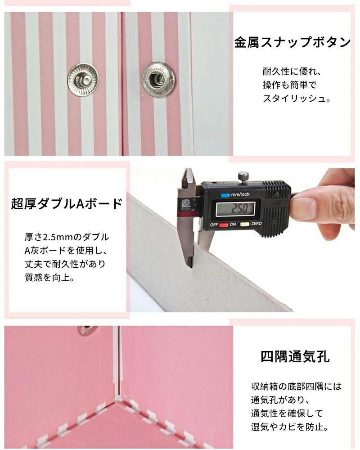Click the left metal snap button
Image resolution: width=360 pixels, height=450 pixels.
(x=83, y=80)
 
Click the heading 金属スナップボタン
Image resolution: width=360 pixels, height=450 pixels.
(x=292, y=42)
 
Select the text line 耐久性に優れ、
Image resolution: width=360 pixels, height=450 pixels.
(x=292, y=72)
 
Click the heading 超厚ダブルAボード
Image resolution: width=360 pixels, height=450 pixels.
(x=67, y=203)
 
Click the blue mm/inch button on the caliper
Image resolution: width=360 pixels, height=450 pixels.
(x=225, y=195)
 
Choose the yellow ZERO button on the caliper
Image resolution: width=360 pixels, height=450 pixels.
(x=245, y=224)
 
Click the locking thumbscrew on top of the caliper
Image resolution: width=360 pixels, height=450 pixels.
(x=243, y=176)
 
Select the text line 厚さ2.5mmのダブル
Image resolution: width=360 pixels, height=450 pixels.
(x=67, y=237)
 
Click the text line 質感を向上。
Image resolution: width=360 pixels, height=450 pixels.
(x=50, y=277)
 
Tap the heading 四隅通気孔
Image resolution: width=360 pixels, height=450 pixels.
(x=295, y=357)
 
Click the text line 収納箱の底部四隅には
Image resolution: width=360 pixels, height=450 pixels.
(x=297, y=386)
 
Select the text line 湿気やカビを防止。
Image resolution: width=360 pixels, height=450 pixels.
(x=290, y=427)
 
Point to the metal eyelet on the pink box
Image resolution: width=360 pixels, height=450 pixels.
(x=85, y=330)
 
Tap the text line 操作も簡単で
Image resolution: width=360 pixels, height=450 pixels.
(x=289, y=85)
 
